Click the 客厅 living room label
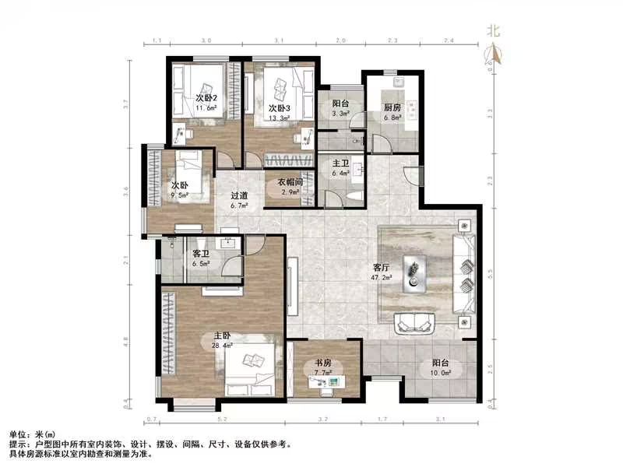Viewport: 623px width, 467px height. pyautogui.click(x=382, y=266)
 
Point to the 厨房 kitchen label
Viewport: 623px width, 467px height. pyautogui.click(x=392, y=108)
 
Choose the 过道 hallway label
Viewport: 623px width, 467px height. pyautogui.click(x=239, y=196)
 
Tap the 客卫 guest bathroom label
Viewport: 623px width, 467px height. pyautogui.click(x=201, y=254)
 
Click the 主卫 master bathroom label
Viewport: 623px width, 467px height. pyautogui.click(x=341, y=163)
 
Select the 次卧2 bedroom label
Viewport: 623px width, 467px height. pyautogui.click(x=206, y=97)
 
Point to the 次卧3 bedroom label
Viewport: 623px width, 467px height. pyautogui.click(x=280, y=108)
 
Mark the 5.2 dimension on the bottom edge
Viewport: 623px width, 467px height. pyautogui.click(x=224, y=419)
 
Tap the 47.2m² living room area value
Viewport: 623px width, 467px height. pyautogui.click(x=382, y=276)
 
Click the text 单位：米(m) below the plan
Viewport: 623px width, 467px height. pyautogui.click(x=33, y=433)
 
